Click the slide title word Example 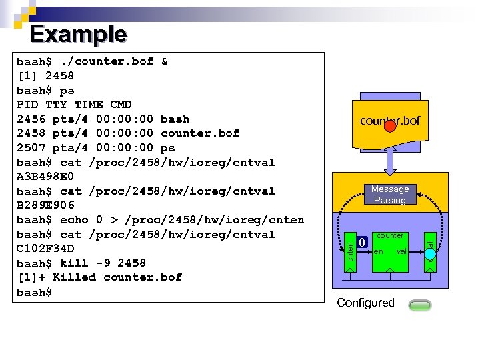tap(78, 33)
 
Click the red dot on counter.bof tap(390, 126)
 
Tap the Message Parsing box tap(390, 195)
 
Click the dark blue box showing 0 tap(361, 243)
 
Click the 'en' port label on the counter tap(379, 252)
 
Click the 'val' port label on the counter tap(401, 252)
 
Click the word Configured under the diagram tap(365, 303)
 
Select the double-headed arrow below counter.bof tap(393, 161)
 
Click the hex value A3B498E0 tap(45, 177)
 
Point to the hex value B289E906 tap(45, 205)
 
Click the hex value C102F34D tap(45, 249)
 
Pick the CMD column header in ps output tap(121, 105)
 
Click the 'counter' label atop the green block tap(390, 235)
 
